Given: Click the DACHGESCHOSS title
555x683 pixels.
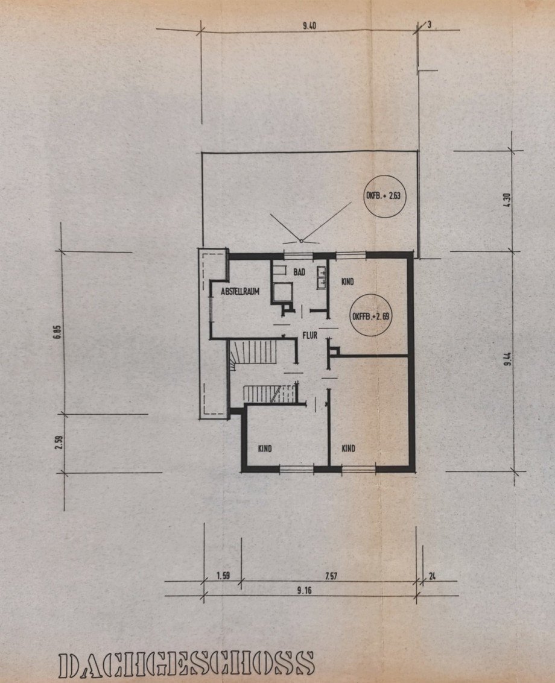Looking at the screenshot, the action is pyautogui.click(x=186, y=665).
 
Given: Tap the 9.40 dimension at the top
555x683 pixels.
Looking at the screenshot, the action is pyautogui.click(x=309, y=25).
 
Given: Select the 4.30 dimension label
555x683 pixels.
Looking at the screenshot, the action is pyautogui.click(x=506, y=200).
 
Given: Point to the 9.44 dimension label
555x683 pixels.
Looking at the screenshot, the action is pyautogui.click(x=507, y=359).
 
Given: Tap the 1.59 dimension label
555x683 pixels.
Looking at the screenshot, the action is pyautogui.click(x=223, y=576).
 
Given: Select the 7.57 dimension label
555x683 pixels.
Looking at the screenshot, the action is pyautogui.click(x=331, y=576).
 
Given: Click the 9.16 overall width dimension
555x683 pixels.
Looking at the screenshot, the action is pyautogui.click(x=304, y=590).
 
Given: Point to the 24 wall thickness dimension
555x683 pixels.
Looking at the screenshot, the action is pyautogui.click(x=432, y=576).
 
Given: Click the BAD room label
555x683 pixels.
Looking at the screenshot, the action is pyautogui.click(x=299, y=272).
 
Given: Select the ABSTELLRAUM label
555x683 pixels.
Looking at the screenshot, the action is pyautogui.click(x=239, y=291).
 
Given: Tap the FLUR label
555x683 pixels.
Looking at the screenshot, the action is pyautogui.click(x=310, y=335).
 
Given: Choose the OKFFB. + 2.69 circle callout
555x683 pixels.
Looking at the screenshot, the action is pyautogui.click(x=371, y=316).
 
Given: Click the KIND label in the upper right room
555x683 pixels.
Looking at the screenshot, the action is pyautogui.click(x=347, y=282).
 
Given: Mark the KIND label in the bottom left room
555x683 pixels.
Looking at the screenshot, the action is pyautogui.click(x=265, y=449).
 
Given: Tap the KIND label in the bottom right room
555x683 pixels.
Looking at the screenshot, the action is pyautogui.click(x=348, y=449).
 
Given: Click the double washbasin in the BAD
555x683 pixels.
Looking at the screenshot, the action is pyautogui.click(x=322, y=277).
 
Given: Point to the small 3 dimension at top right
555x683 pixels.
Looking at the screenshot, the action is pyautogui.click(x=429, y=25).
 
